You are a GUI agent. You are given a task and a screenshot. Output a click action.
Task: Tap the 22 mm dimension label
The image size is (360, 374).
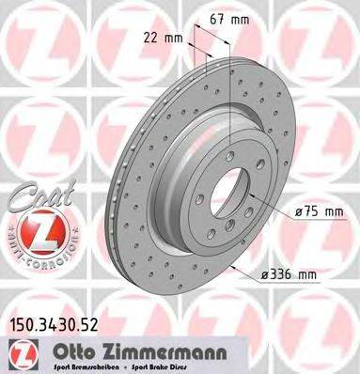[x=164, y=39]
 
